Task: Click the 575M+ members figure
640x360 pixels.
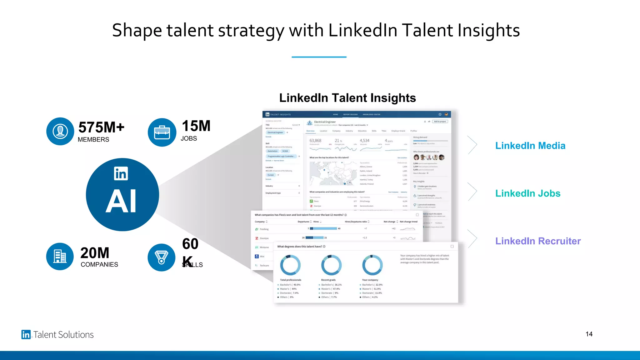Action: pos(101,127)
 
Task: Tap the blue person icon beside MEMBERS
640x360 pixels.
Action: pos(60,131)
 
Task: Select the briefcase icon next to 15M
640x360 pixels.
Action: pos(162,132)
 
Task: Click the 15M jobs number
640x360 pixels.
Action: pos(196,126)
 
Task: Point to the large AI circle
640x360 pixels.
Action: pos(122,195)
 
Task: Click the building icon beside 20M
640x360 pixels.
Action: pos(60,256)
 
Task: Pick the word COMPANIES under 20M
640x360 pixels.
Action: pos(99,264)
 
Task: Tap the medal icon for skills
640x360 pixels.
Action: pos(161,257)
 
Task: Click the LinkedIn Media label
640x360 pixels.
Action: pos(530,146)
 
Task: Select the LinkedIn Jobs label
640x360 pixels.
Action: pos(528,193)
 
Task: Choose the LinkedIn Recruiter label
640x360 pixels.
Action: pos(538,241)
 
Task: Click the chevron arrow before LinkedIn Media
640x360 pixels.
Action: pos(472,145)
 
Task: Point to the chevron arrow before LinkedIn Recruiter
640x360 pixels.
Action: pos(472,239)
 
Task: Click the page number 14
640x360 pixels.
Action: pos(589,334)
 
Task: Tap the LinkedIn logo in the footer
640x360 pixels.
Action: pos(26,334)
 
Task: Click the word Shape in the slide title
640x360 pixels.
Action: pos(137,31)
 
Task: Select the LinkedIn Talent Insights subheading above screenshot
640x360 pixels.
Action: pos(347,98)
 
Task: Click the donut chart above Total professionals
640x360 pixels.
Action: pos(290,265)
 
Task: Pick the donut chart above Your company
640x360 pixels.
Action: pos(372,265)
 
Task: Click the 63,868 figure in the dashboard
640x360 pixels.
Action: pos(315,141)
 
